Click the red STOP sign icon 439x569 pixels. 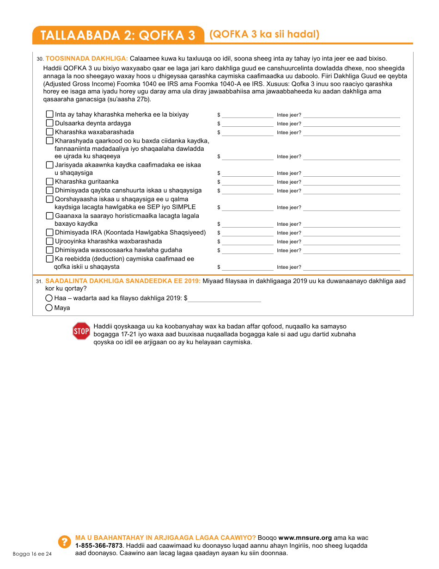click(x=81, y=331)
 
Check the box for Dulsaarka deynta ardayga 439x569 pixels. click(x=50, y=123)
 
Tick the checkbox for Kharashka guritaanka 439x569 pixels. click(x=50, y=181)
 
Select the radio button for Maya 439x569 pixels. click(x=49, y=308)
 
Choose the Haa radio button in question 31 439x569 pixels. click(x=49, y=298)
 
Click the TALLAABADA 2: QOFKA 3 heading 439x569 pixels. click(x=118, y=36)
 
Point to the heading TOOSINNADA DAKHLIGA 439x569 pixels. click(x=86, y=58)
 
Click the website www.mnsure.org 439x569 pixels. click(x=305, y=538)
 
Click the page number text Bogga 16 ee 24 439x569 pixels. click(x=32, y=554)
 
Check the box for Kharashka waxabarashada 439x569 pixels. click(x=50, y=132)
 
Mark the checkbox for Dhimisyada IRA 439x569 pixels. click(x=50, y=232)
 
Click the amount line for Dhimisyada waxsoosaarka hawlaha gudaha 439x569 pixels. click(x=248, y=250)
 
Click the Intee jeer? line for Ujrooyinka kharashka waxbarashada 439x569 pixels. click(x=351, y=241)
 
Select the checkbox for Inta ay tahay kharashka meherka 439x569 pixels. click(x=50, y=114)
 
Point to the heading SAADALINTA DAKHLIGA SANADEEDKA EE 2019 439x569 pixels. click(x=123, y=281)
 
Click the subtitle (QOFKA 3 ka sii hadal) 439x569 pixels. click(x=264, y=35)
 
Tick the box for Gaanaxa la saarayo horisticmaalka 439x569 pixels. click(x=50, y=216)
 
